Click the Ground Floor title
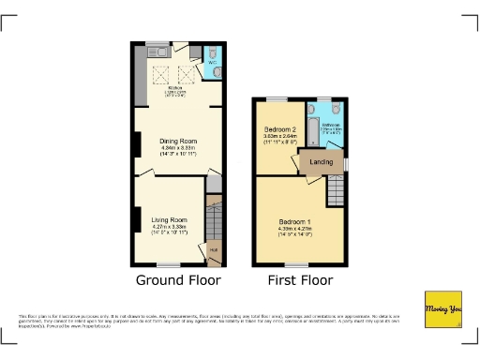(178, 279)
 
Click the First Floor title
(300, 279)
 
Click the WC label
(213, 63)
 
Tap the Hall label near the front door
(213, 249)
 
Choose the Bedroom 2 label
(279, 128)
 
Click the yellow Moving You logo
(443, 308)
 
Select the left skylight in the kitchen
(161, 74)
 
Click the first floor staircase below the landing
(336, 191)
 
